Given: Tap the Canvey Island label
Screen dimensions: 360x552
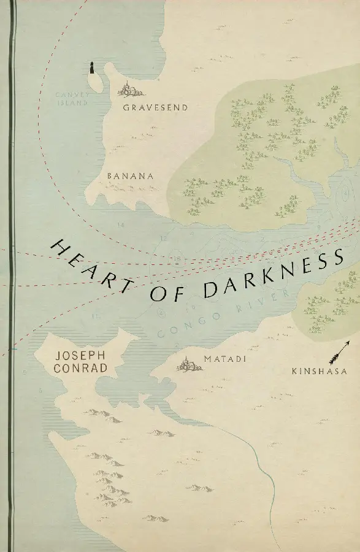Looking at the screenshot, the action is point(72,99).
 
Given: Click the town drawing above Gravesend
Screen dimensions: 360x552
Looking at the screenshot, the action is point(129,90).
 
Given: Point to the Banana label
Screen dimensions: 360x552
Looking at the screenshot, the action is point(129,176).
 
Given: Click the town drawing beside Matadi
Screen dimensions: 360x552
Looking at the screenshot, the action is point(190,366).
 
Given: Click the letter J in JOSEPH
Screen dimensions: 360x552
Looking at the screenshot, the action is point(56,355).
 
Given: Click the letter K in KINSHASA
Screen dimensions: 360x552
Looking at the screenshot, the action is point(296,372).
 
